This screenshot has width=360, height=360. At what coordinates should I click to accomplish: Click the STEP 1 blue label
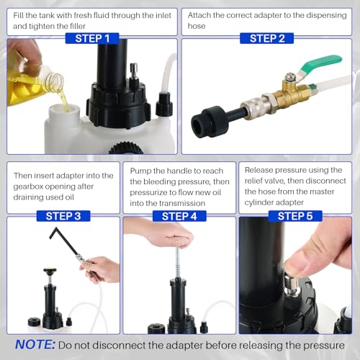tap(92, 38)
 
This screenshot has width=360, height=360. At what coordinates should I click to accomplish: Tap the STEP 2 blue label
tap(266, 38)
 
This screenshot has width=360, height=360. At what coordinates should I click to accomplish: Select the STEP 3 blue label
tap(63, 216)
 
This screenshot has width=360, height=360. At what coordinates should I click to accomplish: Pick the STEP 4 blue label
tap(179, 216)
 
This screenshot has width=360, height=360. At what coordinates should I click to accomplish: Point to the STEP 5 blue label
tap(295, 216)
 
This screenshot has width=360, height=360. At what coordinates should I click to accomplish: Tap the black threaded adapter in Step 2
tap(209, 122)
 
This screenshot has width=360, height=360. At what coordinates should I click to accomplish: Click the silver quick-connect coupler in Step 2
tap(258, 107)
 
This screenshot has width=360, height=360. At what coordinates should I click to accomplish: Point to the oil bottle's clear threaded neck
tap(53, 78)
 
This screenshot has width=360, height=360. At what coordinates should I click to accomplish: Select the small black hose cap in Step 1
tap(164, 104)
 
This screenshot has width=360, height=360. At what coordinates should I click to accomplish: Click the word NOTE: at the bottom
tap(35, 345)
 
